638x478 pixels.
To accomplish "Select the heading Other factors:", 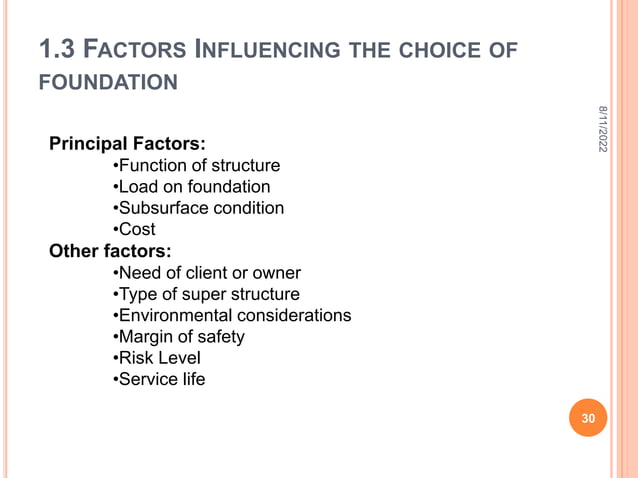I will coord(109,250).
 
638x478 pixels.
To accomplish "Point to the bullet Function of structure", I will coord(196,165).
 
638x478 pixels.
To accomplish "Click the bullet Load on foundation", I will coord(190,186).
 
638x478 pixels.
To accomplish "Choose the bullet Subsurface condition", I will coord(198,208).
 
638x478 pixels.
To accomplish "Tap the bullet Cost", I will coord(134,229).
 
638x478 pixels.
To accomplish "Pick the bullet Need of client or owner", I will coord(206,272).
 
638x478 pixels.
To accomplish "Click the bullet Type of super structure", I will coord(205,294).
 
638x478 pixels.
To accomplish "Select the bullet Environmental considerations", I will coord(231,315).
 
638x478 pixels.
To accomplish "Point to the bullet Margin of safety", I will coord(178,336).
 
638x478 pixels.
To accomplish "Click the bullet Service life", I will coord(159,379).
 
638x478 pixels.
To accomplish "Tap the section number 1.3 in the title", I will coord(54,48).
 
